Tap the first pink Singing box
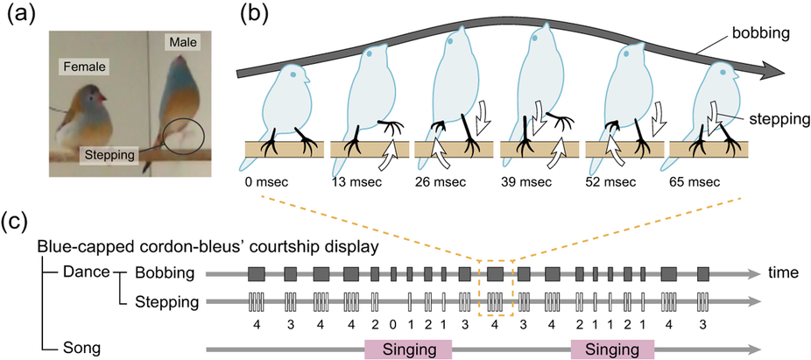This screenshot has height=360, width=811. (407, 349)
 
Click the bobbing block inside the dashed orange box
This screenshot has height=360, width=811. (495, 273)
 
